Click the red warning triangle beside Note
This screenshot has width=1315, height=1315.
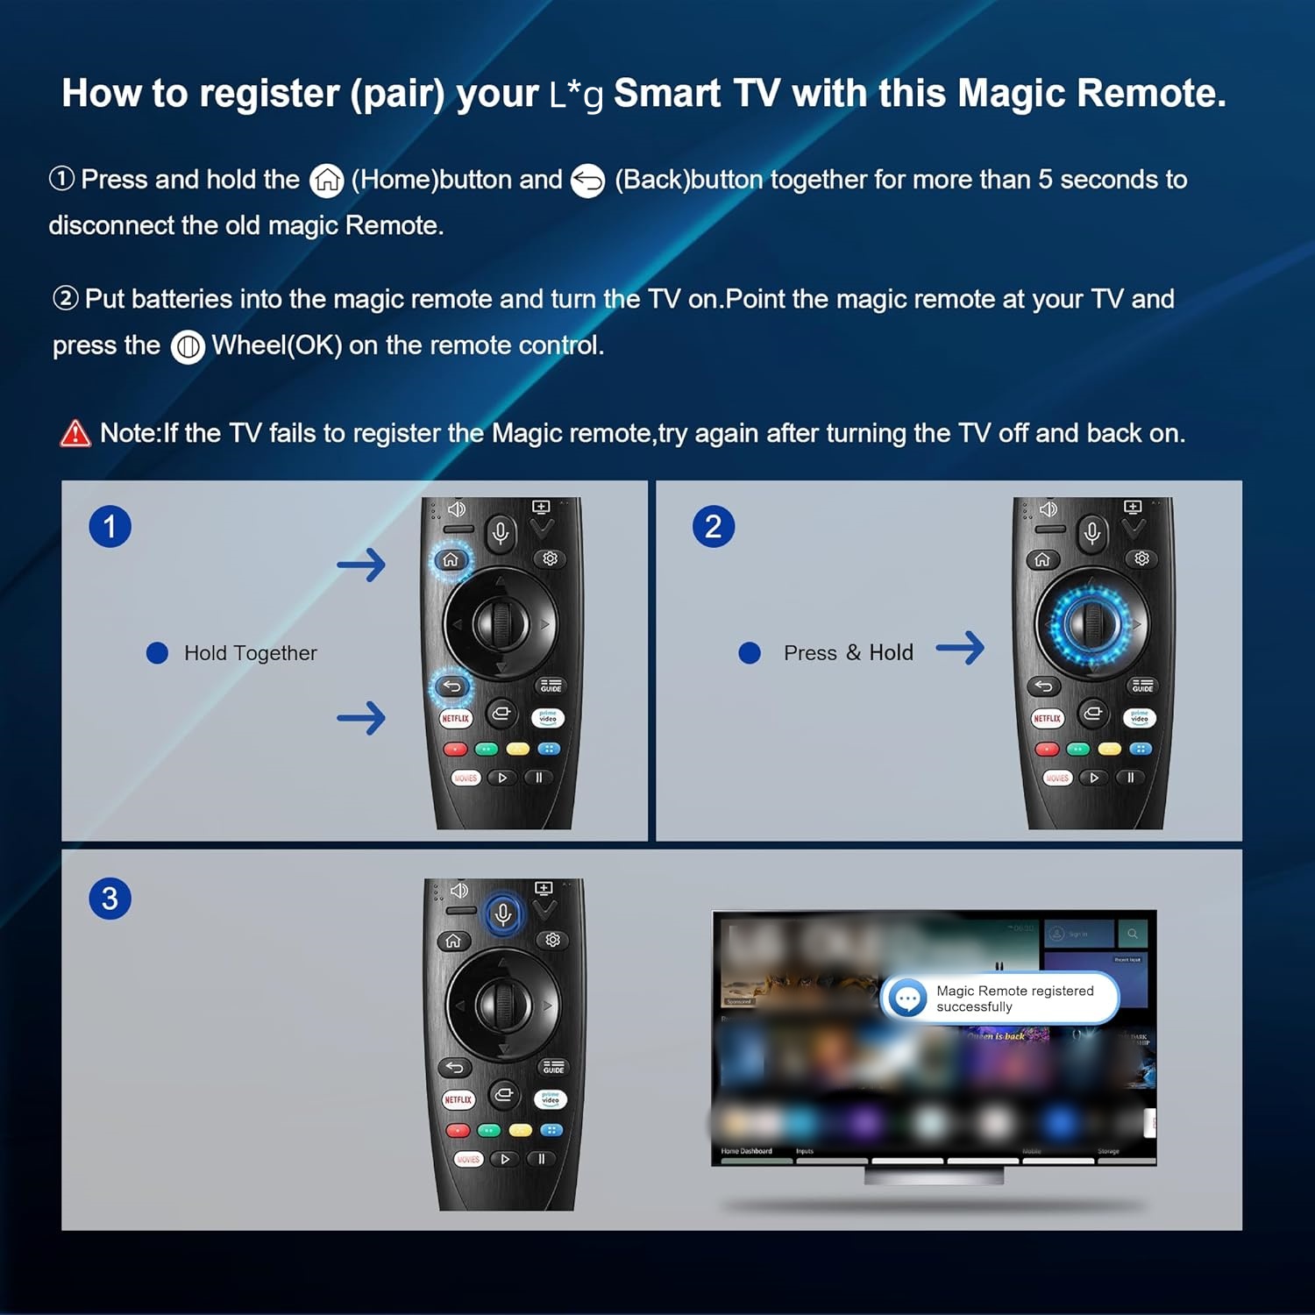(75, 433)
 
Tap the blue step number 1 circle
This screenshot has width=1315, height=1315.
(110, 527)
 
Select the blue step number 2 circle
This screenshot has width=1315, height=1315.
(714, 527)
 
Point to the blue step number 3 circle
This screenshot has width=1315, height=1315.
(110, 899)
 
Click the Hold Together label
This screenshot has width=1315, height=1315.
(250, 653)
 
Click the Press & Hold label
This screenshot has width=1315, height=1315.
(848, 653)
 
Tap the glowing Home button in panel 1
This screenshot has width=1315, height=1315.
(451, 560)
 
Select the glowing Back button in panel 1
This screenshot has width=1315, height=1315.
(452, 686)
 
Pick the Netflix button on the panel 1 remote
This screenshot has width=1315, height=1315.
(456, 719)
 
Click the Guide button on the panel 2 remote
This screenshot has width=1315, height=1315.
(1142, 686)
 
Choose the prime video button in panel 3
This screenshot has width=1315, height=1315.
(551, 1099)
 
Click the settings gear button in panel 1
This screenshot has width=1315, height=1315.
(551, 559)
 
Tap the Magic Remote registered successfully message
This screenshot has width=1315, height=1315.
(1013, 999)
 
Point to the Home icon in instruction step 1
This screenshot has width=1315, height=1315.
(327, 180)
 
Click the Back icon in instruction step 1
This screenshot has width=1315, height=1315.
(587, 181)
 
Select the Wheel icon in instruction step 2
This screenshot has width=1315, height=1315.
(188, 347)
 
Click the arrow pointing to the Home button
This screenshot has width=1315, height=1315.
(361, 565)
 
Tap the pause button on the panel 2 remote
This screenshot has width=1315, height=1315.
(1131, 778)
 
